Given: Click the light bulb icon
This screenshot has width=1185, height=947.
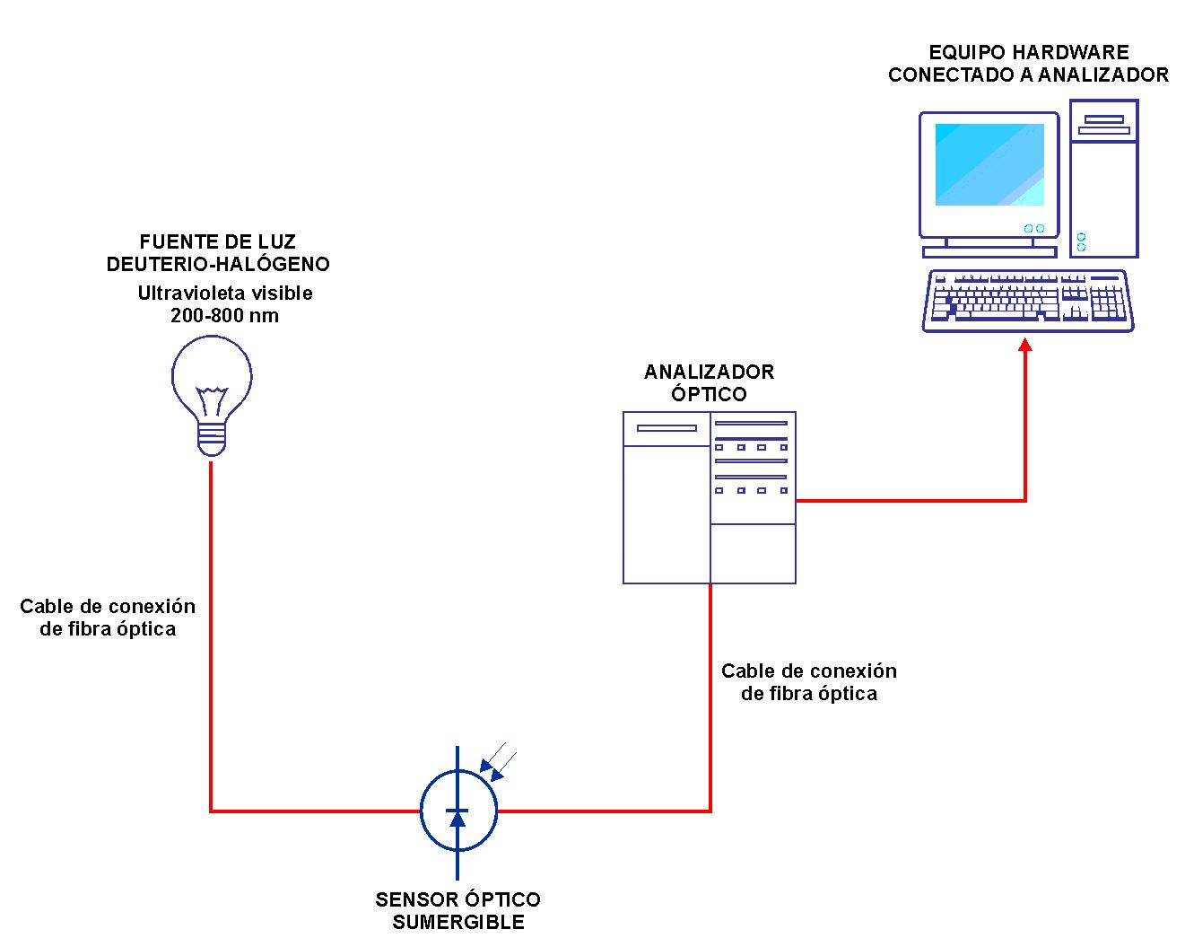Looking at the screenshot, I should [x=212, y=386].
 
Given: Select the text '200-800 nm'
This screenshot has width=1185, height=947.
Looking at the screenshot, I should [x=224, y=316].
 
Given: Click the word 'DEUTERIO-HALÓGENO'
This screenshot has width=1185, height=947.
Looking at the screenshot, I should [x=218, y=264].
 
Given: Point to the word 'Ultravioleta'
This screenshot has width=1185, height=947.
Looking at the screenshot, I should [x=187, y=293].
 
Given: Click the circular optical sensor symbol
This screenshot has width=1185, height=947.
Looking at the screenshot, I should [x=458, y=811].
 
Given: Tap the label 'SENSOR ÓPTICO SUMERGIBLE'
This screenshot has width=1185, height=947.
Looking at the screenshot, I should [x=457, y=910].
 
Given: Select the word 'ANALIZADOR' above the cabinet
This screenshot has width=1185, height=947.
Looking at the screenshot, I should [x=709, y=372].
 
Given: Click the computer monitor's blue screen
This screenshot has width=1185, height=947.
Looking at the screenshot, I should [x=989, y=165].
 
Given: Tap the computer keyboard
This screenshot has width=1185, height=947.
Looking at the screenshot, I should [x=1028, y=301].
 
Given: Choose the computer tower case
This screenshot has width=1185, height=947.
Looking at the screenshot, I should [x=1103, y=179].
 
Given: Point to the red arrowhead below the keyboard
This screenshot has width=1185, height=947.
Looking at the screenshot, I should [x=1025, y=345].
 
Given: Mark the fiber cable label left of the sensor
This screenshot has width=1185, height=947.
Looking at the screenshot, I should [x=108, y=618].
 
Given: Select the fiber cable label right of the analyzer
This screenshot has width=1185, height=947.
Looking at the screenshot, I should [x=808, y=682].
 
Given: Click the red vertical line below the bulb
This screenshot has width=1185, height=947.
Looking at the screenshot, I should [x=211, y=628].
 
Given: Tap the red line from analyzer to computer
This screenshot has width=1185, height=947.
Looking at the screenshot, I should [x=911, y=500].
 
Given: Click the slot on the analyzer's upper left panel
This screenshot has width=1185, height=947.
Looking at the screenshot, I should [x=667, y=428].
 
